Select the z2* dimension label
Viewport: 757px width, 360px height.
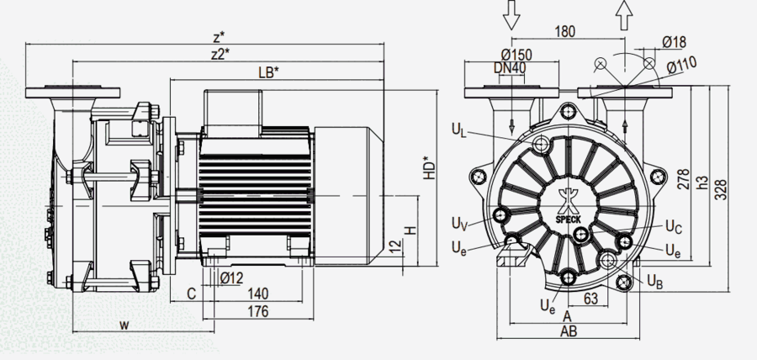click(x=220, y=55)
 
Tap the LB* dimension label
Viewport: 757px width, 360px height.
click(x=267, y=73)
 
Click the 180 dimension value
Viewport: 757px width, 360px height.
click(x=567, y=32)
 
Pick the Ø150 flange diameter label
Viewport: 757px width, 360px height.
click(x=517, y=55)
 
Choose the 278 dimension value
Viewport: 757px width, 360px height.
click(x=682, y=179)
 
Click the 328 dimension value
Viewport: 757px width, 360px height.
click(x=721, y=190)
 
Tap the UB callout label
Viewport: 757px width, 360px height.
click(x=655, y=283)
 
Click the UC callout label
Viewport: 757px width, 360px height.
click(x=673, y=225)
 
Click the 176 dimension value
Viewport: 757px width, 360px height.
click(x=258, y=312)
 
